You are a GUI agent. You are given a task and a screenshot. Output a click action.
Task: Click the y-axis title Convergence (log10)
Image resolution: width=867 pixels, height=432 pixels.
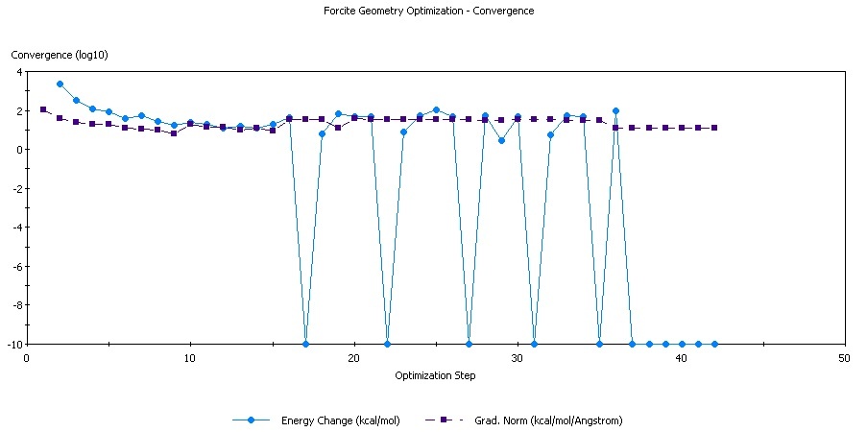point(60,55)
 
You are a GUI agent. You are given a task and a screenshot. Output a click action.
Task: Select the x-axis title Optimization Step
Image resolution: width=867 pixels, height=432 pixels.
point(435,375)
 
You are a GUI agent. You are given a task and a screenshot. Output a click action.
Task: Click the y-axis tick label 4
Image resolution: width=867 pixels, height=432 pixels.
point(16,71)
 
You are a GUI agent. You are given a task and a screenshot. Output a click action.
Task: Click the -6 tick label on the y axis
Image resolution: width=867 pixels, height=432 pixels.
point(13,266)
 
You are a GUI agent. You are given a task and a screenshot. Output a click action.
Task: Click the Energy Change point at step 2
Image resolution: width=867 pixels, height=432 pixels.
point(60,84)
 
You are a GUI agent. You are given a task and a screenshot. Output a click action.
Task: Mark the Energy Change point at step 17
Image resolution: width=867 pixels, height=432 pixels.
point(305,344)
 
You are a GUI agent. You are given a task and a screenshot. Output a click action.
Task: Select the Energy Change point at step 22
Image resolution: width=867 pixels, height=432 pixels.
point(387,344)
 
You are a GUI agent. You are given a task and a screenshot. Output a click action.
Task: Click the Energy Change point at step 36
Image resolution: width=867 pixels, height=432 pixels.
point(615,110)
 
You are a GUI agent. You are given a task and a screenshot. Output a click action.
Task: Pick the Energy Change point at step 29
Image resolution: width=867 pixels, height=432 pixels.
point(501,140)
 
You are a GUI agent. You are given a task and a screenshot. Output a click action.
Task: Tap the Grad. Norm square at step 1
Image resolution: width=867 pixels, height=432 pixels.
point(43,109)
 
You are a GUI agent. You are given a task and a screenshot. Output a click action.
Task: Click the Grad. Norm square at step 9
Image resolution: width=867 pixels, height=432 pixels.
point(174,133)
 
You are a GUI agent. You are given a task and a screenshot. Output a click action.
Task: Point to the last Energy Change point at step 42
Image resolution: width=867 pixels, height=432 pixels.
point(714,344)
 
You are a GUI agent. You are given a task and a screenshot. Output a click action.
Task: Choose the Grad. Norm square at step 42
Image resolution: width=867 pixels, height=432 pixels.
point(714,128)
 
